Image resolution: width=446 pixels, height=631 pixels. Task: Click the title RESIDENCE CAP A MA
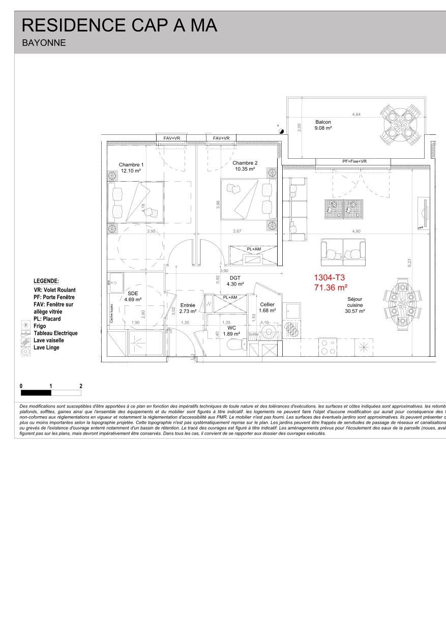[x=120, y=25]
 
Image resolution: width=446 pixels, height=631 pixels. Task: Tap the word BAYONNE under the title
[x=44, y=43]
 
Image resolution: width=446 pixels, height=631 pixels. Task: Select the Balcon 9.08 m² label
[x=323, y=125]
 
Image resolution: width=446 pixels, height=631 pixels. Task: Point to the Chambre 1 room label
[x=131, y=168]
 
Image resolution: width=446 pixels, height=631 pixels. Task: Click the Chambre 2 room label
[x=245, y=165]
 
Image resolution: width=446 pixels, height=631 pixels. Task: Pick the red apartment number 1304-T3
[x=330, y=278]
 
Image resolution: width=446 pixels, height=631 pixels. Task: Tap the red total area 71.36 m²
[x=331, y=288]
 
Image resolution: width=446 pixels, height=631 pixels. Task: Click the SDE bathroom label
[x=133, y=297]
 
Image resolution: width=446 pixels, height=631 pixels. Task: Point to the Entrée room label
[x=188, y=294]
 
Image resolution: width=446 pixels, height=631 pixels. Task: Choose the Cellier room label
[x=267, y=307]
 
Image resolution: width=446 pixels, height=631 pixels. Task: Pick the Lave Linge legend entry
[x=46, y=348]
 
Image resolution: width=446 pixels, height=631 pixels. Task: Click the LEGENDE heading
[x=46, y=281]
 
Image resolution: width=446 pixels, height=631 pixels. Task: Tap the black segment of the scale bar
[x=36, y=393]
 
